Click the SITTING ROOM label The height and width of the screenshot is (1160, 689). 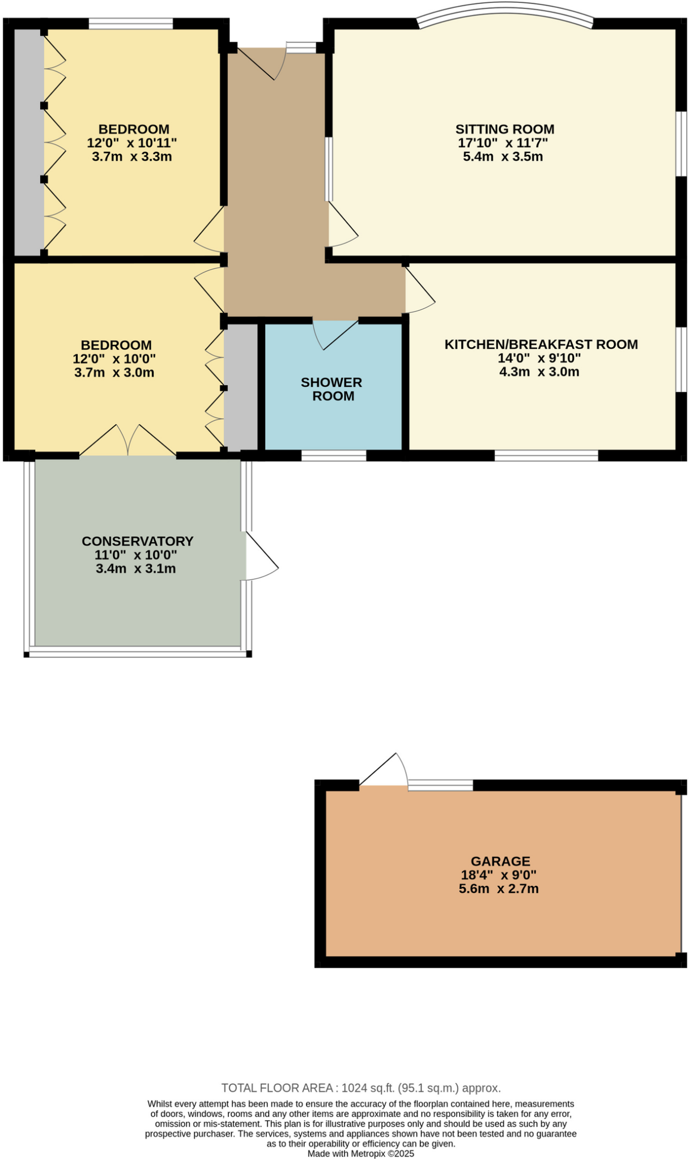[504, 129]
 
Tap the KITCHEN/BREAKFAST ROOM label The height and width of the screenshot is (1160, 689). [541, 344]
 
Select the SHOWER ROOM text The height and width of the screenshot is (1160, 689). [331, 389]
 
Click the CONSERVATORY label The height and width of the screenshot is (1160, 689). [138, 541]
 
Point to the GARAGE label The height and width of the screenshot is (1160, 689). [500, 861]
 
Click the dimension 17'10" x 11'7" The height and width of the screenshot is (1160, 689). [503, 143]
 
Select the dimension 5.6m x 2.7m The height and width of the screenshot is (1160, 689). [499, 889]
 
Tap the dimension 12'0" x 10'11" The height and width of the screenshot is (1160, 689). [131, 143]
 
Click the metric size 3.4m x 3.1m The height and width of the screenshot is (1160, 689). [136, 569]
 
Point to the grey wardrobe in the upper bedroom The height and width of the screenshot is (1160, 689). [28, 142]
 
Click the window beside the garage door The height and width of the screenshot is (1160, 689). [440, 785]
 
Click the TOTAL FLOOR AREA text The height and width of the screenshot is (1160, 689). [361, 1088]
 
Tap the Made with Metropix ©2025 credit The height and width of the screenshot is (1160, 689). [361, 1154]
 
